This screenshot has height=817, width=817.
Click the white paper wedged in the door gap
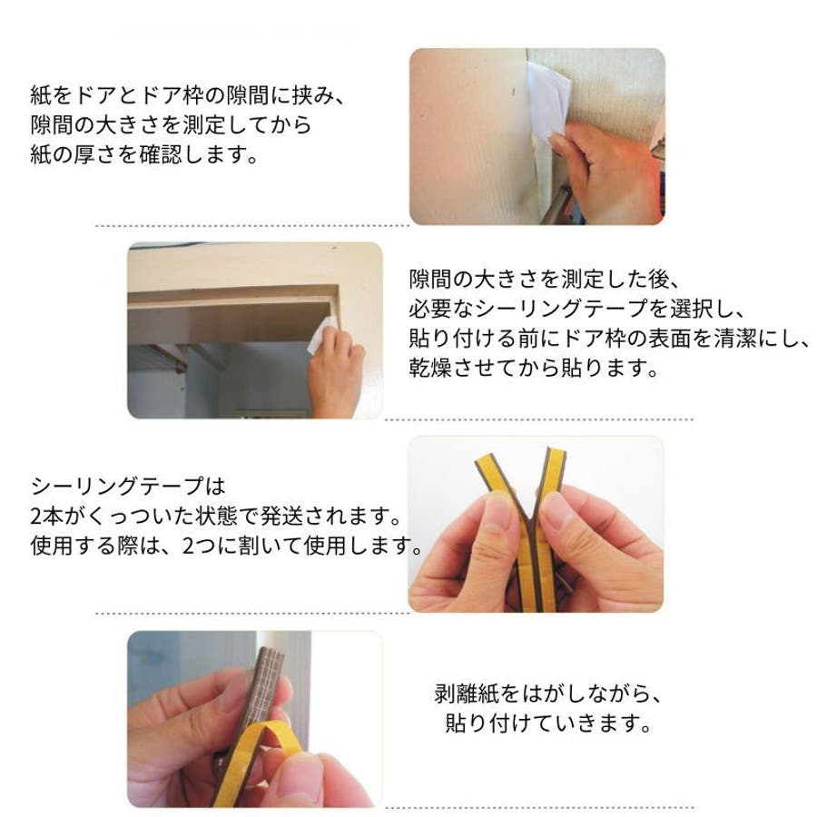coord(548,102)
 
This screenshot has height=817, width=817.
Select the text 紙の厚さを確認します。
coord(144,154)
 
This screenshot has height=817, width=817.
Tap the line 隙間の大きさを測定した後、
coord(544,280)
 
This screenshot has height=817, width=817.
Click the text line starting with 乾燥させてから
coord(534,369)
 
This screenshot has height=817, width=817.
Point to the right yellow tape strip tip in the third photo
coord(556,452)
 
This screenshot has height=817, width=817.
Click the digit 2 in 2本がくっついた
coord(36,517)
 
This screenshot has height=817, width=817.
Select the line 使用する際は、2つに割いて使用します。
coord(227,546)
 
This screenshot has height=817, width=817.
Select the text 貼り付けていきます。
coord(548,723)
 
